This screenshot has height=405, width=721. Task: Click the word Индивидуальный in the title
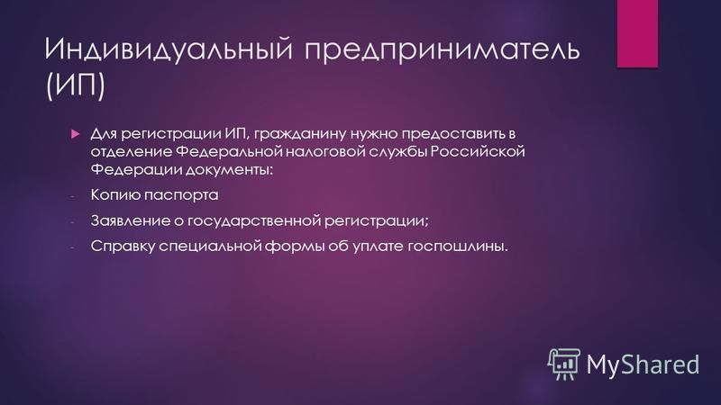169,49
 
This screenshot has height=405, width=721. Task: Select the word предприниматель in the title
442,50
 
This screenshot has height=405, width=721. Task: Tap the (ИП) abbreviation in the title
76,85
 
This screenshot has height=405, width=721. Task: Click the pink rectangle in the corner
637,33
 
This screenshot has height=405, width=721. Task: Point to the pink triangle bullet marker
76,134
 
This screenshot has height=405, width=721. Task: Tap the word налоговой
324,152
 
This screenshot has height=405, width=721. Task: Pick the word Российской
478,151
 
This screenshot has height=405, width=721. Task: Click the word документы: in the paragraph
230,170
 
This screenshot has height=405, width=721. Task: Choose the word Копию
115,194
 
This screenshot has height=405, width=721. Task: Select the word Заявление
130,220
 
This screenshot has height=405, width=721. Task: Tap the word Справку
123,246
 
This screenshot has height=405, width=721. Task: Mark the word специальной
210,247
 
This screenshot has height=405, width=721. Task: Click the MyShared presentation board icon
564,364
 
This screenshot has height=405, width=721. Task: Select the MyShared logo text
643,364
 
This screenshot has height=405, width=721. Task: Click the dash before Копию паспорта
72,196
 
